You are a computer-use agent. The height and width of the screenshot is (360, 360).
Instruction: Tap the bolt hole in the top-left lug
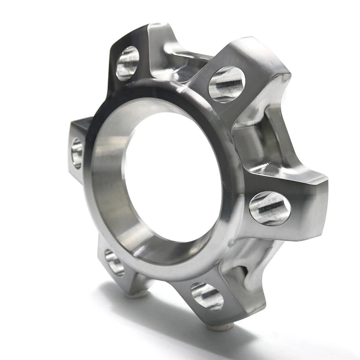127,63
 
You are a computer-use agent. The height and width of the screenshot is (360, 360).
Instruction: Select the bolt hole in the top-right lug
226,84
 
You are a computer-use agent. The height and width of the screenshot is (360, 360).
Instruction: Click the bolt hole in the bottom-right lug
207,296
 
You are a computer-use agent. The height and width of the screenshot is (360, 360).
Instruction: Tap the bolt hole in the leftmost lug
77,153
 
